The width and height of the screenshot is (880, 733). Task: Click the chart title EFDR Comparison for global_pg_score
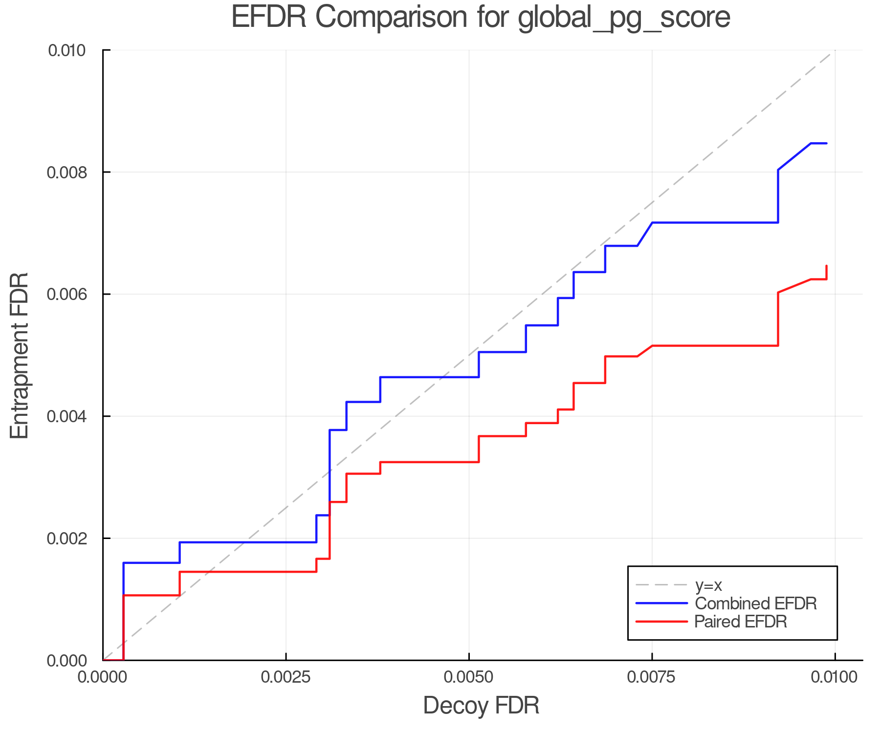481,18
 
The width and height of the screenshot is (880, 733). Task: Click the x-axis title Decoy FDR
481,705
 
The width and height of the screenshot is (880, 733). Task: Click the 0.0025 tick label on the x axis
286,677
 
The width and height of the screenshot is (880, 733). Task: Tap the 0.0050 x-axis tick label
469,677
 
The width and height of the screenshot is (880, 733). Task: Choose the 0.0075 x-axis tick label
652,677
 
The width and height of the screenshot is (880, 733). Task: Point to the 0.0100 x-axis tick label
835,677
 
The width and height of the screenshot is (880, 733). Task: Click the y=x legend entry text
708,585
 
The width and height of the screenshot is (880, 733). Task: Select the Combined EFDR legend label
755,604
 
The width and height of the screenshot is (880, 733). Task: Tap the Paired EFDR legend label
741,622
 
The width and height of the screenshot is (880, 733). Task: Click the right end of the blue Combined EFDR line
826,143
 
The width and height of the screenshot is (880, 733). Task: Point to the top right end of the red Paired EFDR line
826,266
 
